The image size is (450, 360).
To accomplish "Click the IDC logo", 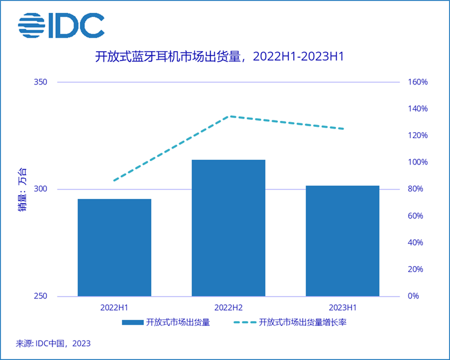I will pos(61,25).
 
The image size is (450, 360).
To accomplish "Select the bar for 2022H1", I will pos(115,247).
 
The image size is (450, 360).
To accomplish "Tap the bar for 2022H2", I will pos(229,228).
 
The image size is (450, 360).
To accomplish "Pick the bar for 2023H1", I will pos(342,241).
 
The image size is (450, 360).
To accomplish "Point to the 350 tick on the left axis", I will pos(40,82).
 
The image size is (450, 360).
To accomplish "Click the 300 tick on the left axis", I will pos(40,189).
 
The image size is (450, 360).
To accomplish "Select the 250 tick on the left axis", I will pos(40,296).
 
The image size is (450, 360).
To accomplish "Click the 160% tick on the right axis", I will pos(418,82).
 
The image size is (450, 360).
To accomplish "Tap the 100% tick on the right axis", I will pos(418,162).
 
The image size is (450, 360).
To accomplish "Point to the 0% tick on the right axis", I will pos(415,296).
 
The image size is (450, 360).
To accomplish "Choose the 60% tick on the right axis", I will pos(417,216).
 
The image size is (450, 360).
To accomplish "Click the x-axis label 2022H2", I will pos(229,307).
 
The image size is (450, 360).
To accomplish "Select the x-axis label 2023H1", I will pos(342,307).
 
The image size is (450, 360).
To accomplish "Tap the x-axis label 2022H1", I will pos(115,307).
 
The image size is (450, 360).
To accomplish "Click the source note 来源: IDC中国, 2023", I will pos(53,343).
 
